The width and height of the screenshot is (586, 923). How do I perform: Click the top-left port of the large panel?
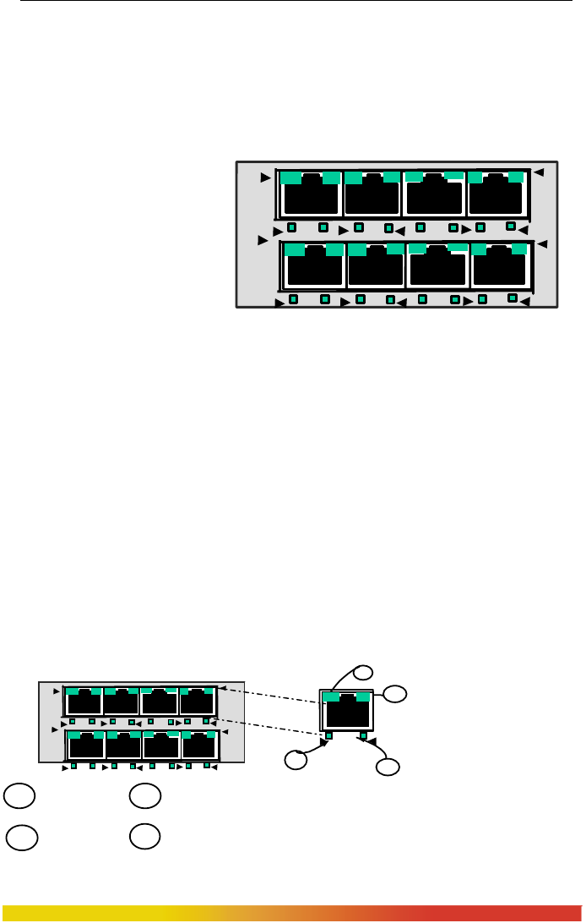pos(311,193)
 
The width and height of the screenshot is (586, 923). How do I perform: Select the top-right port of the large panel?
pos(497,193)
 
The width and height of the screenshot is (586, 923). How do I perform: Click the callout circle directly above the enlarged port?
pos(362,673)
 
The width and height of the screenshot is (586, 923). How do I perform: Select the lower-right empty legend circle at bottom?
pos(144,837)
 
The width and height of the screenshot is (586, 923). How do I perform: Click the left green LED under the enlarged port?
pos(329,735)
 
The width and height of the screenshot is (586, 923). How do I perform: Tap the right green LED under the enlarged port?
pos(362,735)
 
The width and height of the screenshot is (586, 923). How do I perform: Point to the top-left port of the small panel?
pos(84,702)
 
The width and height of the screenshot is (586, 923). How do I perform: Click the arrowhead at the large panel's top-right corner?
pos(539,172)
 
